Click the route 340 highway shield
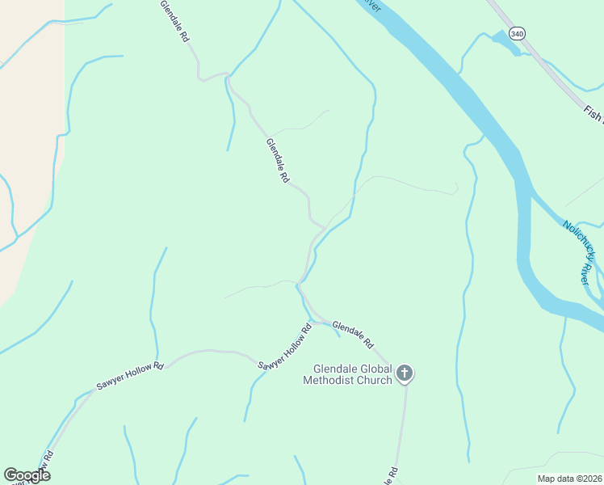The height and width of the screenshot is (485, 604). pos(517,34)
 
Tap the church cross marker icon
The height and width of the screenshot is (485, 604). pos(405,373)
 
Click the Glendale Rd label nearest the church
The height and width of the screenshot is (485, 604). pos(353,334)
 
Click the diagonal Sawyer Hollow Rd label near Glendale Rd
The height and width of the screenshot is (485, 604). pos(285,348)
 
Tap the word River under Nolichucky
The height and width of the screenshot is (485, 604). pos(585,272)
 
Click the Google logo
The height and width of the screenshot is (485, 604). pos(27,474)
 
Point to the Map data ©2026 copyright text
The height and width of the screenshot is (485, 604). pos(569,479)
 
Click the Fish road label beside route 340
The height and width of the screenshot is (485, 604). pos(594,116)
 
